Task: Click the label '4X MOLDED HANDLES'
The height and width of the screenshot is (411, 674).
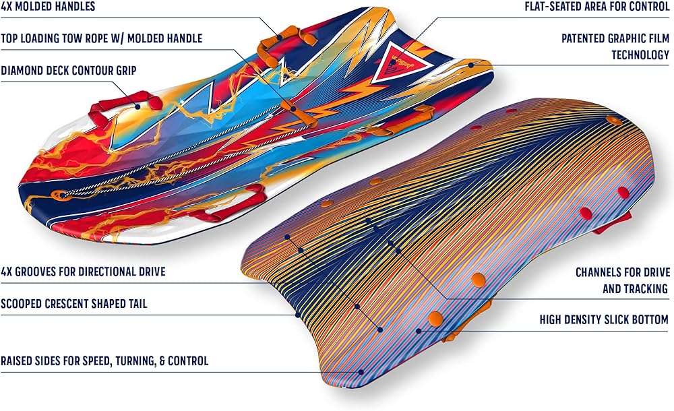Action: click(x=48, y=7)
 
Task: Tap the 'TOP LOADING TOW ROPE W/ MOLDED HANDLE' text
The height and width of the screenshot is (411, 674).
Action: click(x=102, y=38)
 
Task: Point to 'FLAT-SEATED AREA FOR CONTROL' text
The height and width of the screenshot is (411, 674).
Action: click(x=597, y=7)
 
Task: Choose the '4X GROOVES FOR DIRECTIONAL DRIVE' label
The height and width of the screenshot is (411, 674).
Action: click(x=83, y=272)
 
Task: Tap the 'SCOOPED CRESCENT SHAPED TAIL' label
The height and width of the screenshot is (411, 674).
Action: click(x=73, y=304)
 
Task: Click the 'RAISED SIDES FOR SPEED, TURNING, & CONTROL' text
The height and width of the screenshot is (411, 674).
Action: click(x=104, y=361)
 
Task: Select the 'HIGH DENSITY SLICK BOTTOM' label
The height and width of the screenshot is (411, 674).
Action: click(x=605, y=320)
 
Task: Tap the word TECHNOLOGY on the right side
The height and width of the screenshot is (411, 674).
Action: click(x=640, y=55)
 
